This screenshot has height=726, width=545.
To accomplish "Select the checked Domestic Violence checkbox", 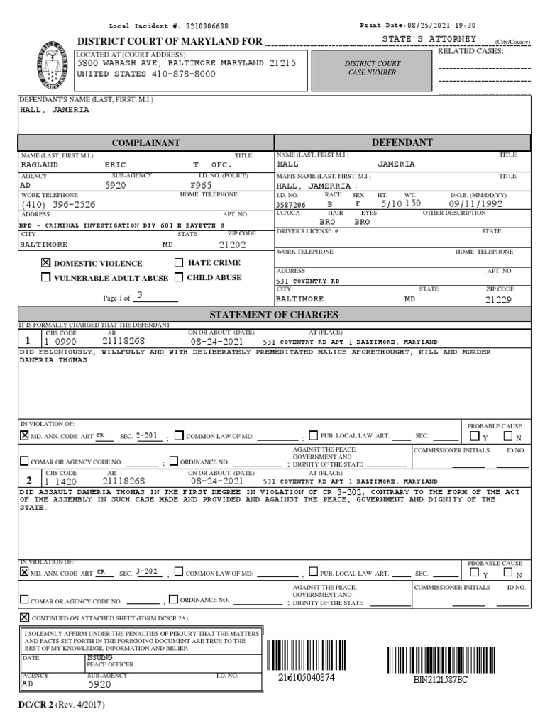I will (46, 262).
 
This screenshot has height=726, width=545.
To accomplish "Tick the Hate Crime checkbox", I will (180, 262).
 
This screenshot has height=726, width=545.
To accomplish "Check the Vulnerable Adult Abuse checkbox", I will (46, 278).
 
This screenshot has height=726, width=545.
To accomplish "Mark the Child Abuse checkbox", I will (180, 278).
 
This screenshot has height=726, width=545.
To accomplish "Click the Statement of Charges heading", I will (273, 315).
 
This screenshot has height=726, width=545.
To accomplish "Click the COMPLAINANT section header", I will (145, 143).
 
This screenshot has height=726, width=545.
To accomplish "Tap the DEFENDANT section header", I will (402, 143).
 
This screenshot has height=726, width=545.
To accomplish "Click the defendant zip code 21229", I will (498, 299).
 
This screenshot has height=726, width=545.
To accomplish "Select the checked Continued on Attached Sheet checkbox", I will (25, 617).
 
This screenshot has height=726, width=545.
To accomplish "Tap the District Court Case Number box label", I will (373, 68).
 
